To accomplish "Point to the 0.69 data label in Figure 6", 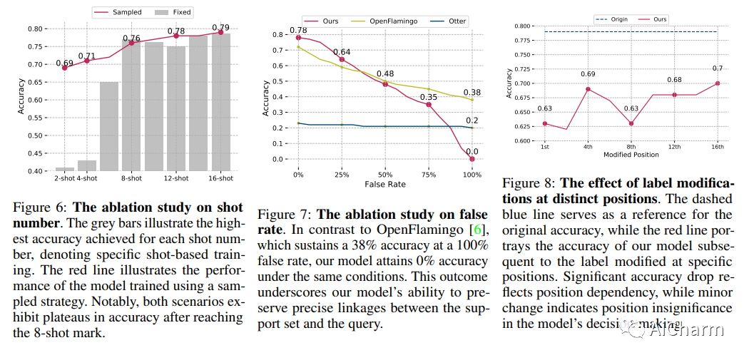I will tap(65, 63).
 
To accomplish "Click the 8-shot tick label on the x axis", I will tap(131, 178).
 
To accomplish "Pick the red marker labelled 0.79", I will tap(220, 32).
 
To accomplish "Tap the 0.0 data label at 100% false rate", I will tap(472, 151).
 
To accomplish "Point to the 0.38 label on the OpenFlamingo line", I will tap(472, 92).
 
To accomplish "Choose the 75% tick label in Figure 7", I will tap(428, 175).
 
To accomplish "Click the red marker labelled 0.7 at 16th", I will tap(718, 83).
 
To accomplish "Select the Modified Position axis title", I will tap(631, 155).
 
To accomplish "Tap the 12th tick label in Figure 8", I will tap(674, 147).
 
